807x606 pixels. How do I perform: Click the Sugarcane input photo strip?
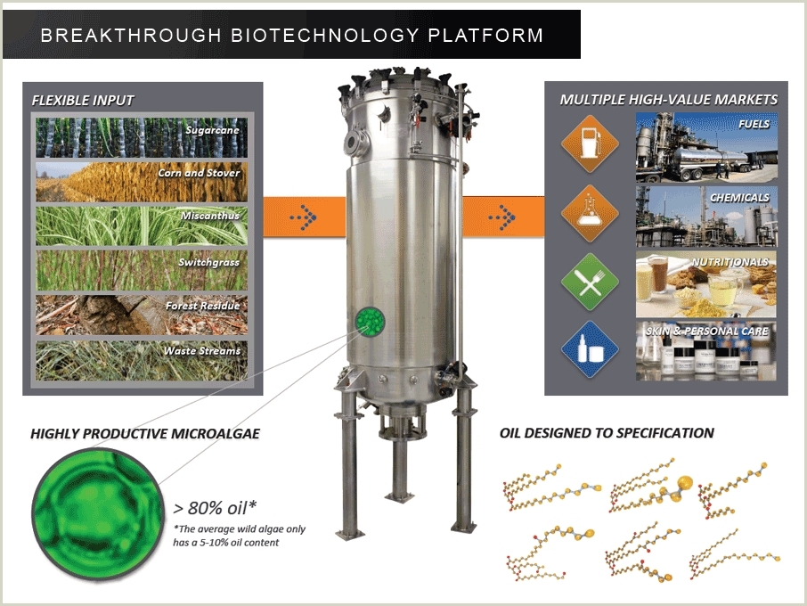[x=142, y=136]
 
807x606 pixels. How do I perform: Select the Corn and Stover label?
[x=199, y=173]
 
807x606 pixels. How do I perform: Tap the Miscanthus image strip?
[x=142, y=225]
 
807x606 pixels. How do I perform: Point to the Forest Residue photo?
[x=142, y=315]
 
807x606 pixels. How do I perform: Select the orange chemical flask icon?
[x=590, y=213]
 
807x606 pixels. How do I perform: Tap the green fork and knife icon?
[x=590, y=282]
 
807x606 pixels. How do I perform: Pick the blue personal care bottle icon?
[x=590, y=349]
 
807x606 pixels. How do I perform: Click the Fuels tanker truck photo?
[x=706, y=147]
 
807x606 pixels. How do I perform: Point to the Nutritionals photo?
[x=706, y=284]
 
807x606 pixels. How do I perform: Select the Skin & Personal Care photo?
[x=706, y=353]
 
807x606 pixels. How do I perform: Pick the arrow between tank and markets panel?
[x=503, y=217]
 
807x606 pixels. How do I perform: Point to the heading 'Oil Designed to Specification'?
[x=607, y=433]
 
